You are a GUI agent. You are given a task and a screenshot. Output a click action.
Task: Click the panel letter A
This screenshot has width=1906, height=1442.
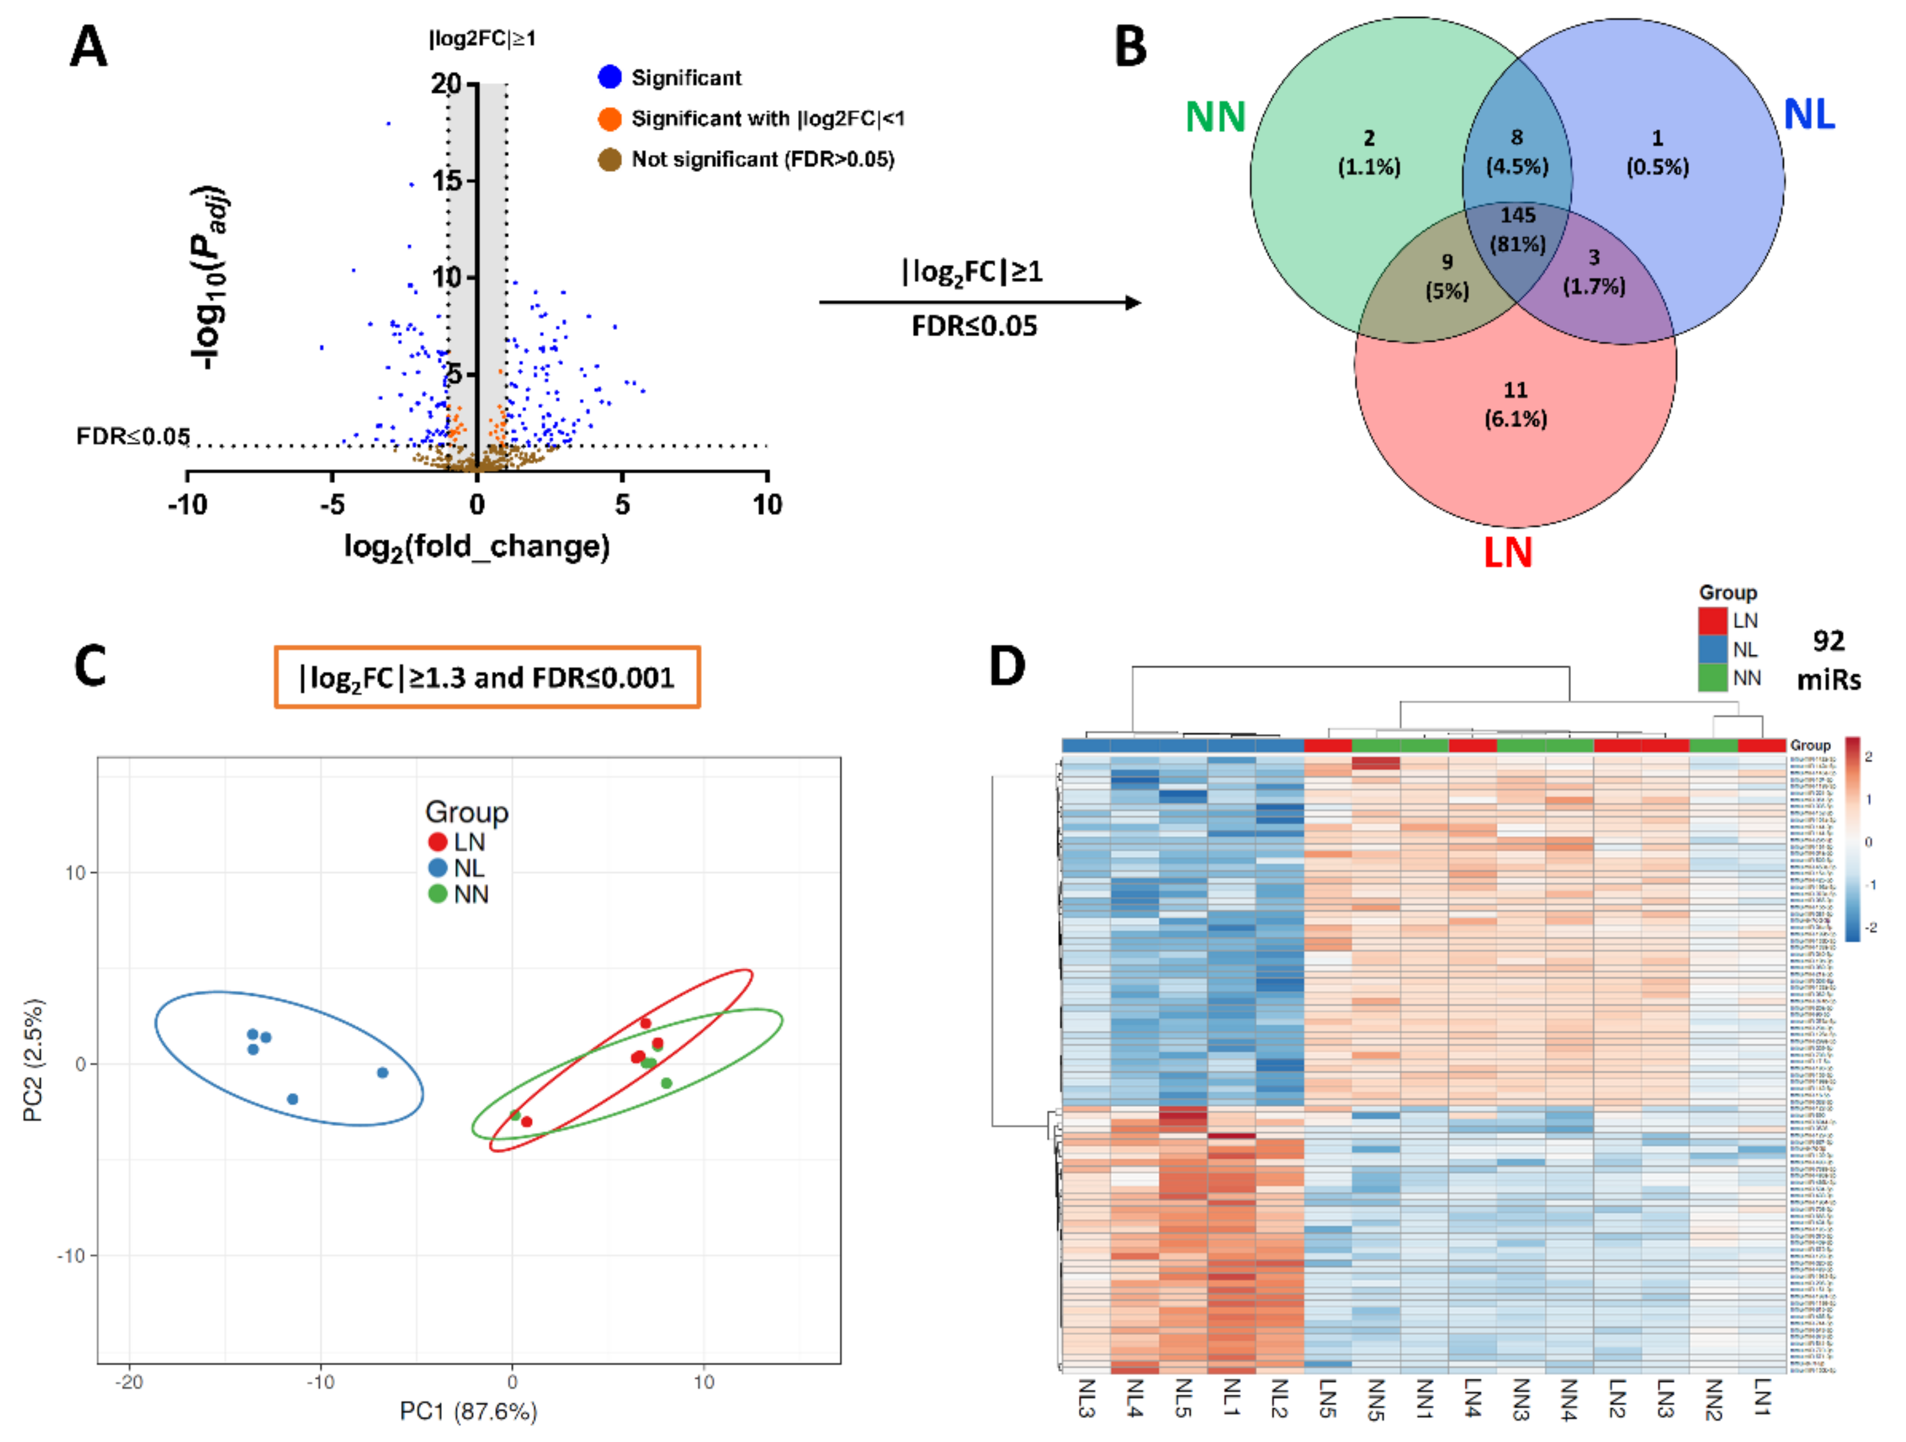click(88, 47)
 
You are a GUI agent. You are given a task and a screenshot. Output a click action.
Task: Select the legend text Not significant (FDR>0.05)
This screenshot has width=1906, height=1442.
click(763, 160)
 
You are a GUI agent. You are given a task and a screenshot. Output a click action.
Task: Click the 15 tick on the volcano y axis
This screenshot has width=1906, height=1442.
click(447, 181)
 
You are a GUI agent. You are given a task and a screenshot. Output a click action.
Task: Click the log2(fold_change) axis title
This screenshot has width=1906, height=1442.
click(476, 547)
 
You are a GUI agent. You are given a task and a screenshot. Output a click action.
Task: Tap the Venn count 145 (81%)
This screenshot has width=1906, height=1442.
click(1517, 229)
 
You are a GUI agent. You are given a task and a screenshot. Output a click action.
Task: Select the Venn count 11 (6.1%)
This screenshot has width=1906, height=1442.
click(1515, 404)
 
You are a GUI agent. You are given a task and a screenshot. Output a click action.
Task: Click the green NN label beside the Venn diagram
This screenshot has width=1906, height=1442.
click(1215, 116)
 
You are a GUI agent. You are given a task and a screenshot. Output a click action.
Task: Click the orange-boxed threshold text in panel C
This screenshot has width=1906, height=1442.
click(487, 677)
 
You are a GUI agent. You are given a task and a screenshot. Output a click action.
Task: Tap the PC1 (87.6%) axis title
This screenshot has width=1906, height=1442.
click(468, 1411)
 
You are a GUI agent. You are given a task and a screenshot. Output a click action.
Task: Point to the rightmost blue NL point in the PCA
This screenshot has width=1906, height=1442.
click(383, 1072)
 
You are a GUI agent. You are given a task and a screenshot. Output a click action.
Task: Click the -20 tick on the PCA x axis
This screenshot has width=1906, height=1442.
click(129, 1382)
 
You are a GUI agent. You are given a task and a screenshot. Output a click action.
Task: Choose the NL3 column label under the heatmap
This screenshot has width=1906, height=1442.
click(1086, 1397)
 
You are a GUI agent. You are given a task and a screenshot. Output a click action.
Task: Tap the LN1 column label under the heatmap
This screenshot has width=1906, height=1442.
click(1761, 1397)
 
